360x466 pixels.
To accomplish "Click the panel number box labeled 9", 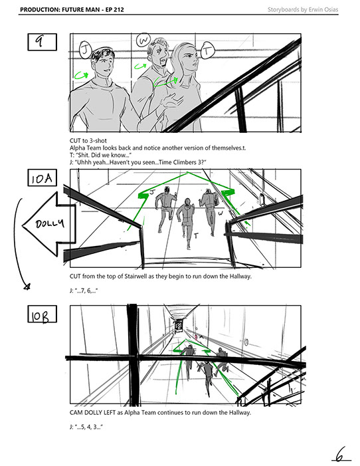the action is [43, 42].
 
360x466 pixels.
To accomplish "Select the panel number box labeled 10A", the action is [43, 177].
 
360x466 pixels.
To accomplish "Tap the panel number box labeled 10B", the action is [43, 314].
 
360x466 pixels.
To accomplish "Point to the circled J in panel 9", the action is [85, 51].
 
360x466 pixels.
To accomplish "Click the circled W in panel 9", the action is [143, 40].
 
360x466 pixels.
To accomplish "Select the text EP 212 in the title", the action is [114, 9].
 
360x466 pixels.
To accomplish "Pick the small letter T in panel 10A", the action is [196, 236].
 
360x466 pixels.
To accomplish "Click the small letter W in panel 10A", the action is [221, 213].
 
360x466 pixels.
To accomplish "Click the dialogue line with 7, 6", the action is [84, 291].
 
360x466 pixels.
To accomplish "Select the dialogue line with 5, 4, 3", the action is [86, 427].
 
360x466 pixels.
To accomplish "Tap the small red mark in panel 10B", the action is [197, 337].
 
